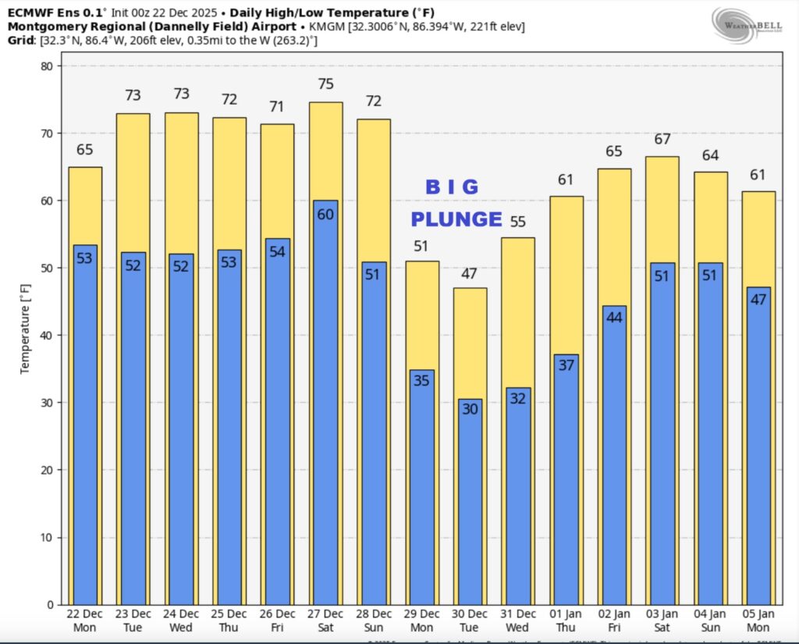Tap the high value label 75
pyautogui.click(x=325, y=84)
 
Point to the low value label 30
pyautogui.click(x=470, y=408)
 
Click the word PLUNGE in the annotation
pyautogui.click(x=456, y=219)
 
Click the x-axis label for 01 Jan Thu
pyautogui.click(x=566, y=621)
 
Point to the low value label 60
pyautogui.click(x=325, y=215)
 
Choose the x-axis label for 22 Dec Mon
pyautogui.click(x=85, y=621)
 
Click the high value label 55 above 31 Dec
pyautogui.click(x=517, y=222)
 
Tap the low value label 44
pyautogui.click(x=614, y=318)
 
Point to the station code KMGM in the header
pyautogui.click(x=326, y=27)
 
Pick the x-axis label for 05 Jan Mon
pyautogui.click(x=758, y=621)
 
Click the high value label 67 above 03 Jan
pyautogui.click(x=662, y=139)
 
